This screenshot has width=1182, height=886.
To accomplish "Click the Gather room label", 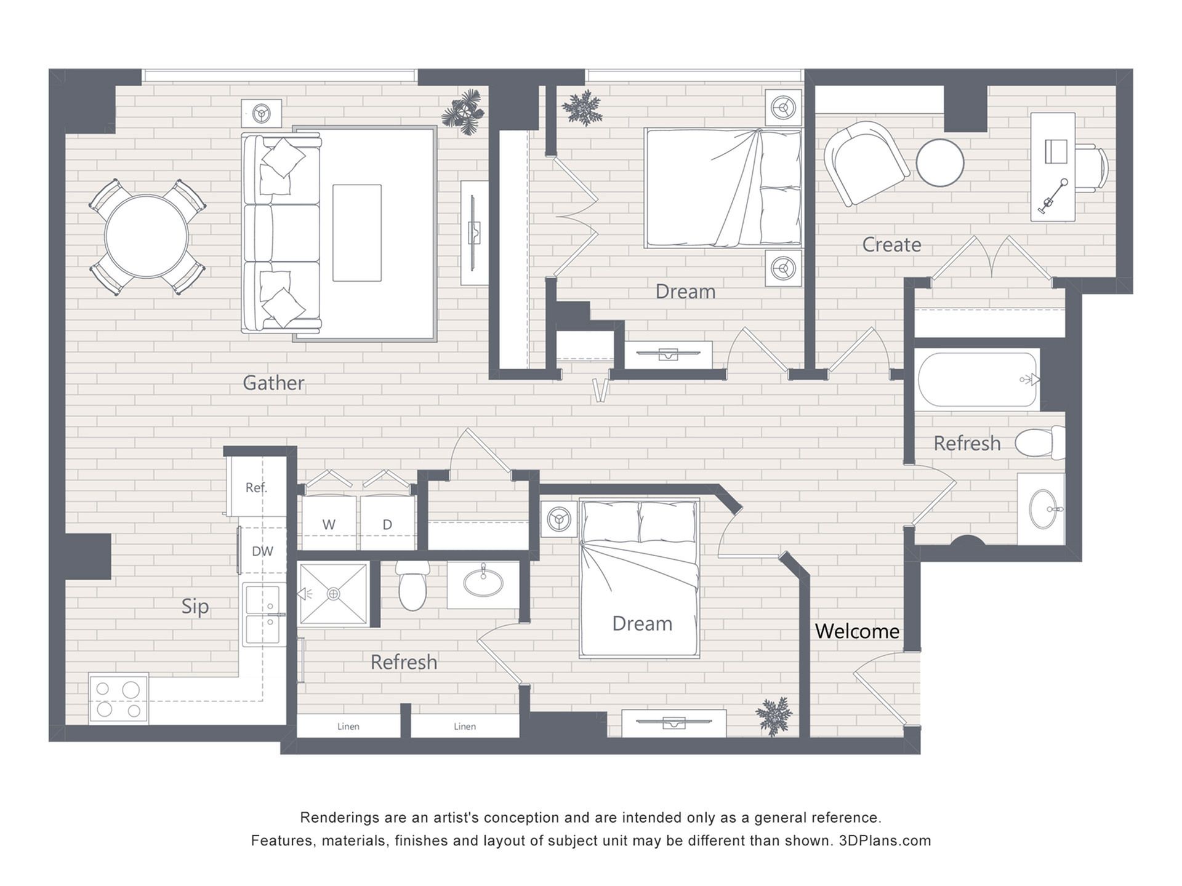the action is [273, 383].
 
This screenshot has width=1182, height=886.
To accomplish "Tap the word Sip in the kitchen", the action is [195, 607].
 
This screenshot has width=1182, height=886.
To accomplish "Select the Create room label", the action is [891, 244].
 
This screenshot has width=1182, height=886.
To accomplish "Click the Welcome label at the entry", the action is [857, 631].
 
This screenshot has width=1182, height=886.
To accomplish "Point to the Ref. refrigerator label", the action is [256, 488].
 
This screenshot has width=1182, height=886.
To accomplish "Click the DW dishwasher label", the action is [262, 551].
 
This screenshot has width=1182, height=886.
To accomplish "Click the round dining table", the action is [147, 236].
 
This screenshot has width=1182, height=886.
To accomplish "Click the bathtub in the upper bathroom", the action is [976, 380].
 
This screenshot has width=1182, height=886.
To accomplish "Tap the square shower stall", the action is [333, 594].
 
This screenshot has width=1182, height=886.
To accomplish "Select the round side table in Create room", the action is [939, 162].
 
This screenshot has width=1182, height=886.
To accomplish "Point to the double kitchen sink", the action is [264, 615].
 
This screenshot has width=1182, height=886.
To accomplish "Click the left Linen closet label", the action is [348, 727].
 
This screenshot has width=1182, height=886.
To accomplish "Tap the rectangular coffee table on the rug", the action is [357, 233].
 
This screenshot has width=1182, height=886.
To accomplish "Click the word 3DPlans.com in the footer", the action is [885, 840].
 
